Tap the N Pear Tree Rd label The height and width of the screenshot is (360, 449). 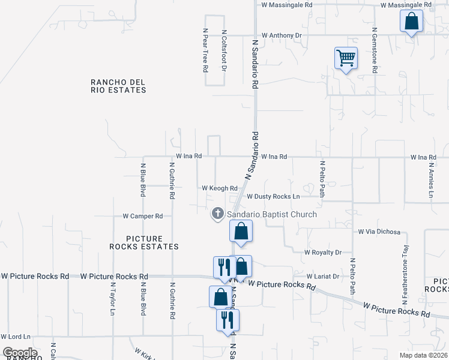pyautogui.click(x=205, y=50)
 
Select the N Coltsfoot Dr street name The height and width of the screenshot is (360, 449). pyautogui.click(x=224, y=50)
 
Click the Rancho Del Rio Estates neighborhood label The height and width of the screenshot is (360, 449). pyautogui.click(x=118, y=86)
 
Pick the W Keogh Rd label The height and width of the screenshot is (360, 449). pyautogui.click(x=220, y=188)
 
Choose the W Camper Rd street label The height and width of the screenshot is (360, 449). pyautogui.click(x=143, y=216)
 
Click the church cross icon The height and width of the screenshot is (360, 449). pyautogui.click(x=217, y=214)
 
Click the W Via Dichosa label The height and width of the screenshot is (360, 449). pyautogui.click(x=379, y=231)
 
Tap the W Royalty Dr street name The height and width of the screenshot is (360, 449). pyautogui.click(x=323, y=253)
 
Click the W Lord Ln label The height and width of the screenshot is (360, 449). pyautogui.click(x=16, y=337)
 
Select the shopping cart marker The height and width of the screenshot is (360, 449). pyautogui.click(x=346, y=58)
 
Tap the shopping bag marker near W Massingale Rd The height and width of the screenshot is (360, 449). pyautogui.click(x=412, y=22)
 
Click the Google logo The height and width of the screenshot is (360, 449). pyautogui.click(x=20, y=353)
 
